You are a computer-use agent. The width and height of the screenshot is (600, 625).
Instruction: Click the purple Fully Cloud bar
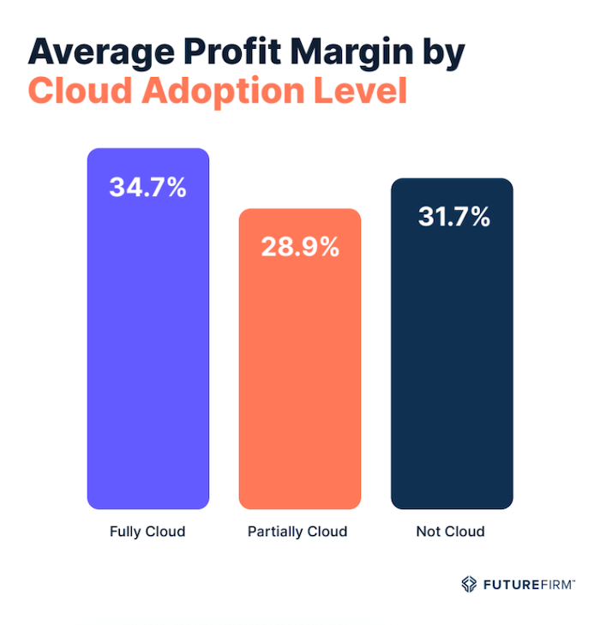click(147, 343)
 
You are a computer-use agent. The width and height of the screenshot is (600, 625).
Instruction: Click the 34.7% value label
click(147, 188)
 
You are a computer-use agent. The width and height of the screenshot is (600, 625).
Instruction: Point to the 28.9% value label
click(300, 248)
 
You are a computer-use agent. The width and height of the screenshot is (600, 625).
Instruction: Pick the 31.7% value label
click(453, 217)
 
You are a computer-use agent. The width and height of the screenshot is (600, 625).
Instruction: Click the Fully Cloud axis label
click(147, 532)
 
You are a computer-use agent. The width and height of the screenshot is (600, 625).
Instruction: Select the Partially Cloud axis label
click(297, 532)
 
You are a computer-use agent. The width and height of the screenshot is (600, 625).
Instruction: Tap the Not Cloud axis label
click(450, 532)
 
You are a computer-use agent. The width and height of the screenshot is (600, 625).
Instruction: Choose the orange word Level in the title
click(359, 92)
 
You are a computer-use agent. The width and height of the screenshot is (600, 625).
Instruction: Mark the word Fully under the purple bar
click(125, 532)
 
